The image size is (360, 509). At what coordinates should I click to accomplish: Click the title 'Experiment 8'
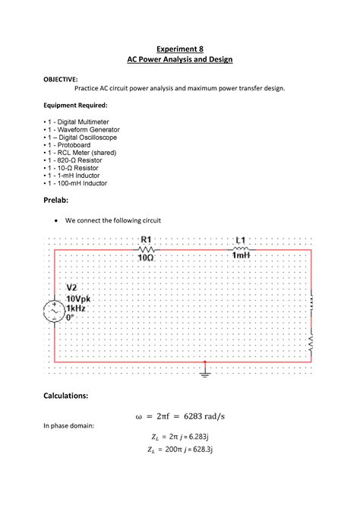coord(179,47)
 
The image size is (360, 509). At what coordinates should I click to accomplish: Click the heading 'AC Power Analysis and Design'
coord(179,59)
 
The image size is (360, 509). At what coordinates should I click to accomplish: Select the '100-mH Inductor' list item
coord(77,183)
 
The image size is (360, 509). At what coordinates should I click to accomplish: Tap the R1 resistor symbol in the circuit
coord(147,249)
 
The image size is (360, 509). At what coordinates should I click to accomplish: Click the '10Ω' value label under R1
coord(146,258)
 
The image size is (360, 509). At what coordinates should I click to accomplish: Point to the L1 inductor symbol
coord(241,248)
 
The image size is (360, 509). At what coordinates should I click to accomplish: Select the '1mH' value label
coord(241,257)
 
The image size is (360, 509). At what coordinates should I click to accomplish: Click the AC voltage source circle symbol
coord(55,311)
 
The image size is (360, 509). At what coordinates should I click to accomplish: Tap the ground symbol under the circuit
coord(204,371)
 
